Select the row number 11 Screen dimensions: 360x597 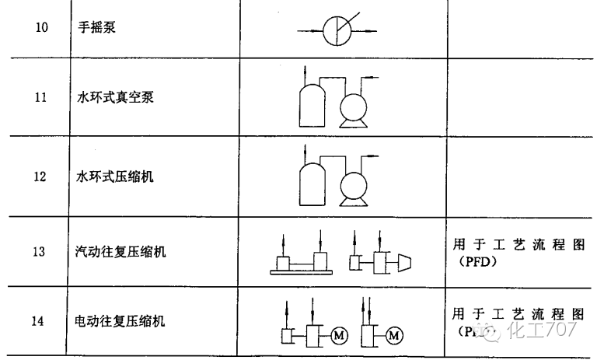point(40,99)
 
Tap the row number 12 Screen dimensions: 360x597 point(40,177)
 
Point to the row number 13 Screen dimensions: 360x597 point(40,252)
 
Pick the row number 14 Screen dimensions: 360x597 point(40,320)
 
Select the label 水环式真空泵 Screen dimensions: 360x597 point(114,99)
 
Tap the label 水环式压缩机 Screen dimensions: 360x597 point(114,177)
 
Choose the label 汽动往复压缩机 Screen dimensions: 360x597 point(120,252)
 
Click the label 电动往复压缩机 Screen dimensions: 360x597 point(120,320)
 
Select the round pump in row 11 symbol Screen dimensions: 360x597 point(354,108)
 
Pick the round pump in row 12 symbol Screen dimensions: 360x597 point(354,187)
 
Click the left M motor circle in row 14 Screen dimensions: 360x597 point(339,336)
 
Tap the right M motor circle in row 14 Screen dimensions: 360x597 point(395,336)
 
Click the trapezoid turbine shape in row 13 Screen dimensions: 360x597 point(403,261)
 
